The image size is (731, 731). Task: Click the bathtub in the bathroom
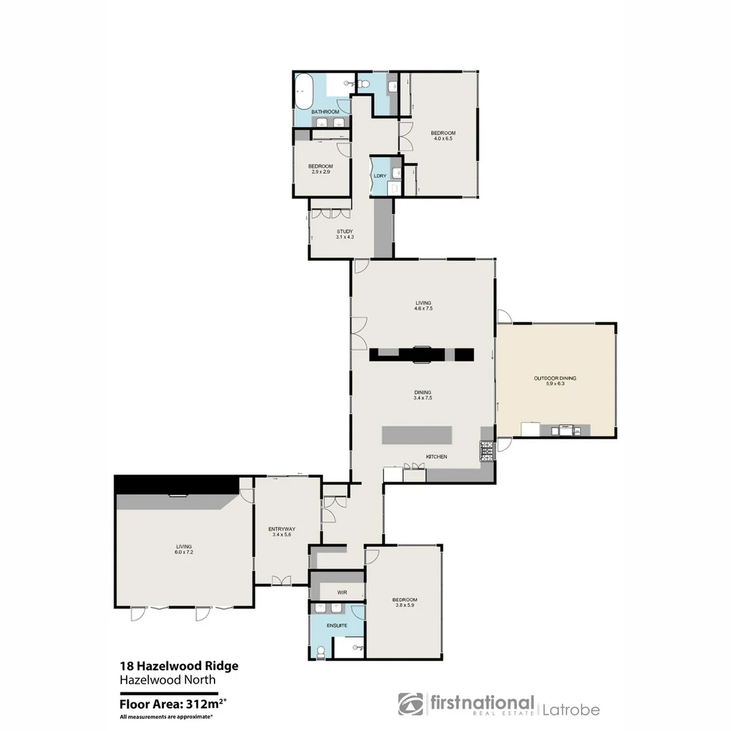tap(303, 93)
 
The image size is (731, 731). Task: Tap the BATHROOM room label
tap(325, 112)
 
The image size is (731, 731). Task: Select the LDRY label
tap(380, 176)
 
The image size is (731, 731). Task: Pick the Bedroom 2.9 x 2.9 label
tap(320, 169)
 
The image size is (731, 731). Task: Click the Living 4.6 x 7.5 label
tap(423, 305)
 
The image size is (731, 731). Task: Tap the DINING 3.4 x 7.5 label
tap(423, 395)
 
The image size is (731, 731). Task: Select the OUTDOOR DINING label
tap(555, 381)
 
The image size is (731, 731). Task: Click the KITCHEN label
tap(436, 457)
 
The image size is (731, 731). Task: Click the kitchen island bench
tap(417, 435)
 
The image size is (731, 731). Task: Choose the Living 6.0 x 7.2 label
tap(183, 549)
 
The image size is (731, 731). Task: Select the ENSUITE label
tap(337, 625)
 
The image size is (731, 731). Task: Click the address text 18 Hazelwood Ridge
tap(179, 666)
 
